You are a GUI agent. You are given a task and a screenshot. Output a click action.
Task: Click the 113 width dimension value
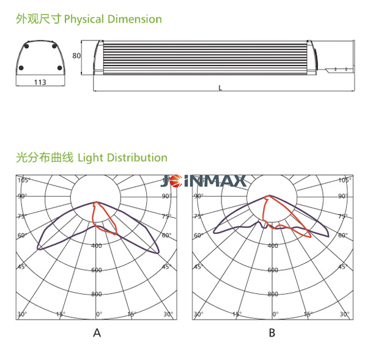[x=40, y=83]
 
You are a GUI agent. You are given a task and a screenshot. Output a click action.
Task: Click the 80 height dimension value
[x=76, y=56]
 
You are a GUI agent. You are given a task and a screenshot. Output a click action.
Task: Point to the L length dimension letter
[x=220, y=88]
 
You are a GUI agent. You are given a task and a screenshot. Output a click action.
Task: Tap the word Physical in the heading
[x=84, y=20]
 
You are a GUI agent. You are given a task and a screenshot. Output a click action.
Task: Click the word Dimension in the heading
[x=135, y=19]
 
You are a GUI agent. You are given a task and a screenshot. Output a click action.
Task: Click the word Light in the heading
[x=91, y=158]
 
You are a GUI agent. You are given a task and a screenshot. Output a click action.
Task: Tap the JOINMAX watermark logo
[x=203, y=181]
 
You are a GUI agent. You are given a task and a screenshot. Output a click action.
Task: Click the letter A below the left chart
[x=97, y=332]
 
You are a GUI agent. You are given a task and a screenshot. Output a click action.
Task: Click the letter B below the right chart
[x=272, y=332]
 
